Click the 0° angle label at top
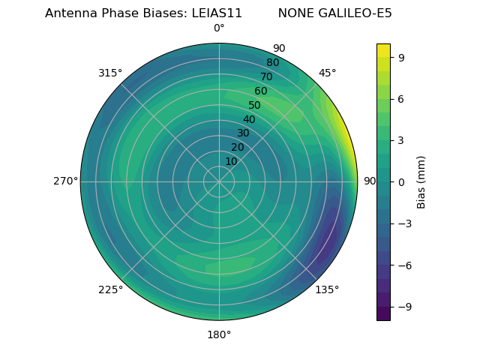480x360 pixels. (x=219, y=28)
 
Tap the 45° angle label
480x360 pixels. (x=327, y=73)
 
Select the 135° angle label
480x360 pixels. (x=327, y=289)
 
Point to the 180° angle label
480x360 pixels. (x=219, y=334)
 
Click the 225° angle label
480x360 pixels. (x=110, y=289)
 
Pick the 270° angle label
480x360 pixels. (x=65, y=181)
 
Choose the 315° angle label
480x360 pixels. (x=110, y=73)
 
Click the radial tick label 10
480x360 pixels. (x=231, y=161)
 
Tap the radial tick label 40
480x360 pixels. (x=249, y=119)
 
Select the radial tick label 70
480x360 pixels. (x=266, y=76)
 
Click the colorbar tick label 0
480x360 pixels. (x=401, y=181)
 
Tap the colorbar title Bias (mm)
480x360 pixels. (x=421, y=181)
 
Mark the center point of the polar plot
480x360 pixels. (x=219, y=181)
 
